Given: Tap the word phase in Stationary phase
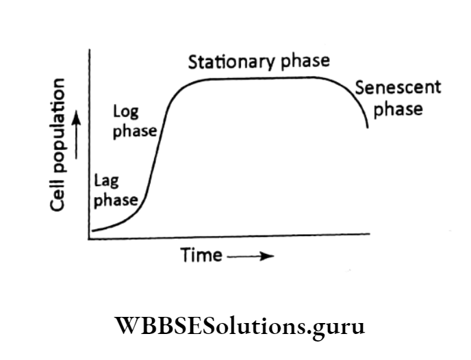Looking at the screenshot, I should tap(304, 62).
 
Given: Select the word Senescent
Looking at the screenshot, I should tap(398, 88).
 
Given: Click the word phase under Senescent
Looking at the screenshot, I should tap(398, 109).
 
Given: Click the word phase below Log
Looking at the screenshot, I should tap(134, 131).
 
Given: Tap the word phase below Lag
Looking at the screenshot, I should tap(115, 201).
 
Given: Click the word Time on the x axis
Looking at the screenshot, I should tap(201, 256).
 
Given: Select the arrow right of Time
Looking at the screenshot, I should tap(250, 257).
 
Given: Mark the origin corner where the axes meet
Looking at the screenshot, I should tap(89, 238).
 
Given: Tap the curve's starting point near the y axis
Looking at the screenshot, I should tap(93, 231).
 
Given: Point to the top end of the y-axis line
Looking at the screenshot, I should tap(88, 50).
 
